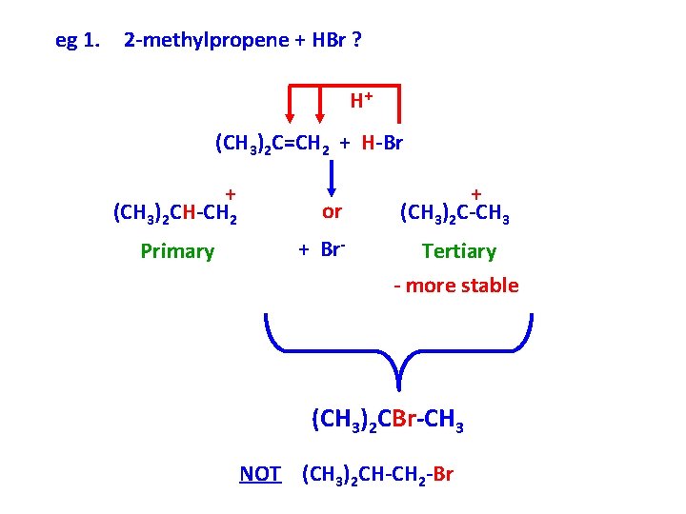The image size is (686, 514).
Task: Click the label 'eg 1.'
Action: [78, 41]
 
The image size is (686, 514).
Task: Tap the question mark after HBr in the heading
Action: [355, 41]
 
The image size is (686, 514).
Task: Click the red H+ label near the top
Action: [360, 99]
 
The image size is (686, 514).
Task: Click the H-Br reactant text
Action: [383, 144]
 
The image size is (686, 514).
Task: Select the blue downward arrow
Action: [332, 176]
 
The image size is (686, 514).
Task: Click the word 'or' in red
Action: [332, 210]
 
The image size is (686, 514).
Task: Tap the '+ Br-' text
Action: [320, 250]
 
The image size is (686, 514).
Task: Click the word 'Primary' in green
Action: [177, 251]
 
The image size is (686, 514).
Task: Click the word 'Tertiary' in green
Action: [459, 251]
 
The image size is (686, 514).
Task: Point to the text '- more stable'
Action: [456, 286]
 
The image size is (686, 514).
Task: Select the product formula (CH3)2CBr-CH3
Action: [387, 420]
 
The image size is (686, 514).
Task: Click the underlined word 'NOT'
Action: [260, 473]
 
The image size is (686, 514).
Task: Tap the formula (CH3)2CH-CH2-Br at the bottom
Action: [377, 473]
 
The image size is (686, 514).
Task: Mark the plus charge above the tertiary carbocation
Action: [475, 192]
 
